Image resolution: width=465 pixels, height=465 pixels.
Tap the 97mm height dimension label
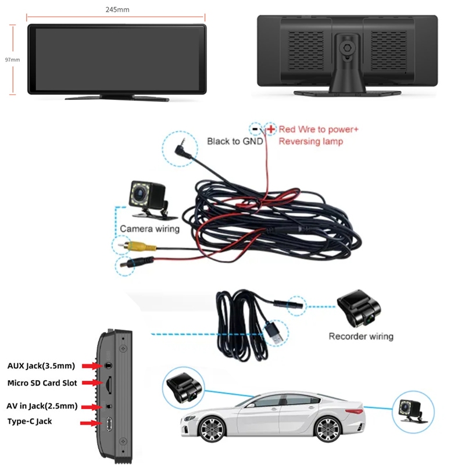pyautogui.click(x=12, y=59)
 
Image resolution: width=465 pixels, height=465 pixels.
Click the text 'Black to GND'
pyautogui.click(x=235, y=141)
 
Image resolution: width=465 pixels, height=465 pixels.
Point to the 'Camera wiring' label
pyautogui.click(x=149, y=229)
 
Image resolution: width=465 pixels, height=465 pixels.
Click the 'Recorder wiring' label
pyautogui.click(x=360, y=336)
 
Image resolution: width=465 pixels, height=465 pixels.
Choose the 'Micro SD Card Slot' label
pyautogui.click(x=42, y=383)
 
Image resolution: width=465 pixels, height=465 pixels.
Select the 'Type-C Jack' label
pyautogui.click(x=30, y=421)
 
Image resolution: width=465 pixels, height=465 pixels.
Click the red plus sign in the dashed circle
pyautogui.click(x=271, y=128)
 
